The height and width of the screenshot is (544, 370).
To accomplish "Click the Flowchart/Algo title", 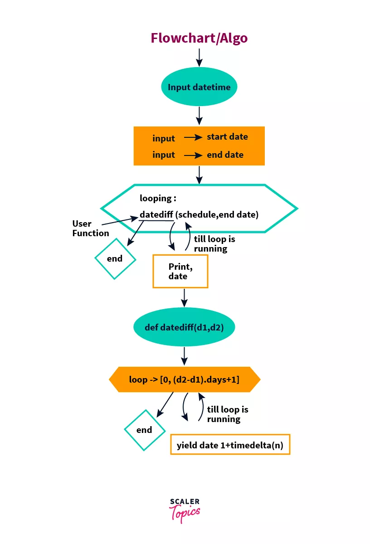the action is (x=199, y=38).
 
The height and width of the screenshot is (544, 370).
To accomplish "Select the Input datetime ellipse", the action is (x=199, y=87).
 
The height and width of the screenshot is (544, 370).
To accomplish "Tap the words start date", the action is (x=227, y=137).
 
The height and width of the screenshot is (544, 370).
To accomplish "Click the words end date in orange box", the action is (x=225, y=155).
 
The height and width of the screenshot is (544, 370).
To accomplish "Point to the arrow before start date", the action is (x=193, y=137).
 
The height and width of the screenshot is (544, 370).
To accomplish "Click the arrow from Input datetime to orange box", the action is (x=199, y=116).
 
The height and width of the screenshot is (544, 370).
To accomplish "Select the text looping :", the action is (x=158, y=199).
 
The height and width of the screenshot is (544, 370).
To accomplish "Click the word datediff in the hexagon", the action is (x=156, y=214).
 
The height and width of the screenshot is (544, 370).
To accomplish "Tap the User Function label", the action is (x=90, y=228).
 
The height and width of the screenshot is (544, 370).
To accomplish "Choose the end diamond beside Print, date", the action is (x=115, y=259).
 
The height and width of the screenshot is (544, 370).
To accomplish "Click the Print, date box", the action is (x=180, y=271).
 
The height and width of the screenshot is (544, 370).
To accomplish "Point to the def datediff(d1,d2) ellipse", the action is (x=184, y=327).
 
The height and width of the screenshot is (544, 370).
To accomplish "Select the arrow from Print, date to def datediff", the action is (x=184, y=298).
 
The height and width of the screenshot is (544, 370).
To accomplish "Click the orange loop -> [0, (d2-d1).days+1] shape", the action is (x=185, y=379).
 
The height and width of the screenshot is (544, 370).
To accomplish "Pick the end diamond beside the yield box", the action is (x=145, y=430).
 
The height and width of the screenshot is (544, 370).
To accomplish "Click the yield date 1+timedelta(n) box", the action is (x=230, y=444).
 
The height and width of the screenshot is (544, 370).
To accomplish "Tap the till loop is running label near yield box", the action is (x=227, y=414).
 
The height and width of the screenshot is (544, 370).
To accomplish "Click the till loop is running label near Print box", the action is (x=214, y=244).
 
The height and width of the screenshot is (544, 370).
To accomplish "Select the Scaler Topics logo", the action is (x=185, y=510).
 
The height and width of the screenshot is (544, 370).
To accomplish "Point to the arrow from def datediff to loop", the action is (x=184, y=356).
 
